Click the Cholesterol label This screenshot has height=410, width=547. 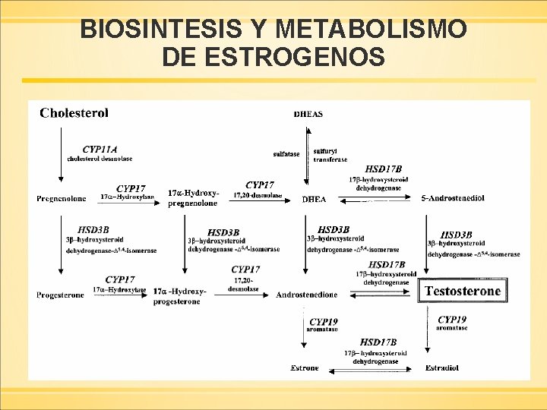[x=74, y=112]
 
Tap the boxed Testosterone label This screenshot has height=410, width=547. [x=463, y=291]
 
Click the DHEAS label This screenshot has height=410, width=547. [x=308, y=115]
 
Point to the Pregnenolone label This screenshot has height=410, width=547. [x=62, y=199]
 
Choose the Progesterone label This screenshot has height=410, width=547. [x=61, y=295]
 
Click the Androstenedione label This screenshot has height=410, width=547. [x=307, y=295]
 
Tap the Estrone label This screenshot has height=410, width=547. [x=305, y=368]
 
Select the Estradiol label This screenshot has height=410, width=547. [x=441, y=368]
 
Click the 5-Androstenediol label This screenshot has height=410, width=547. [x=453, y=198]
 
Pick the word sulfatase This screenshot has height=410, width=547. [x=286, y=154]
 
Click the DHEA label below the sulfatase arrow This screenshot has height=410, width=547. [x=314, y=199]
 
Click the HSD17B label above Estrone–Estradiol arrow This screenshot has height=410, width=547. [x=378, y=342]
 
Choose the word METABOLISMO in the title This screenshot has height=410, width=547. [x=372, y=30]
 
